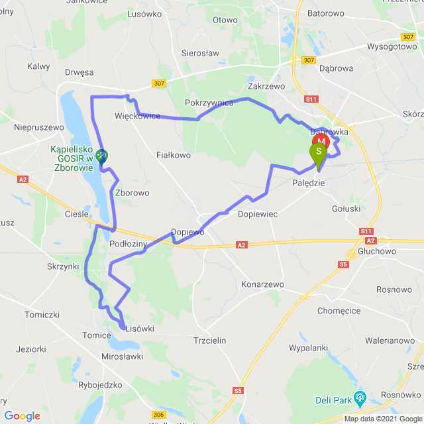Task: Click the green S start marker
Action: [319, 152]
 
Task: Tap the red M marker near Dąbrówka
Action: [321, 141]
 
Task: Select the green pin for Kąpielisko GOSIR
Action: [101, 156]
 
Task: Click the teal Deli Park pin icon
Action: [360, 398]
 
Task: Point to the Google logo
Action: [22, 415]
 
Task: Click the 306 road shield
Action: [158, 415]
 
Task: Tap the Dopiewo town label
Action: [187, 233]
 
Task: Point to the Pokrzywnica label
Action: [209, 103]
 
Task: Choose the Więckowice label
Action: [138, 116]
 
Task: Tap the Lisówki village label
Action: [139, 327]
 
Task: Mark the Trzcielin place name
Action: [209, 340]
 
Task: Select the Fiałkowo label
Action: [174, 155]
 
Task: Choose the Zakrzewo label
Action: [266, 86]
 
